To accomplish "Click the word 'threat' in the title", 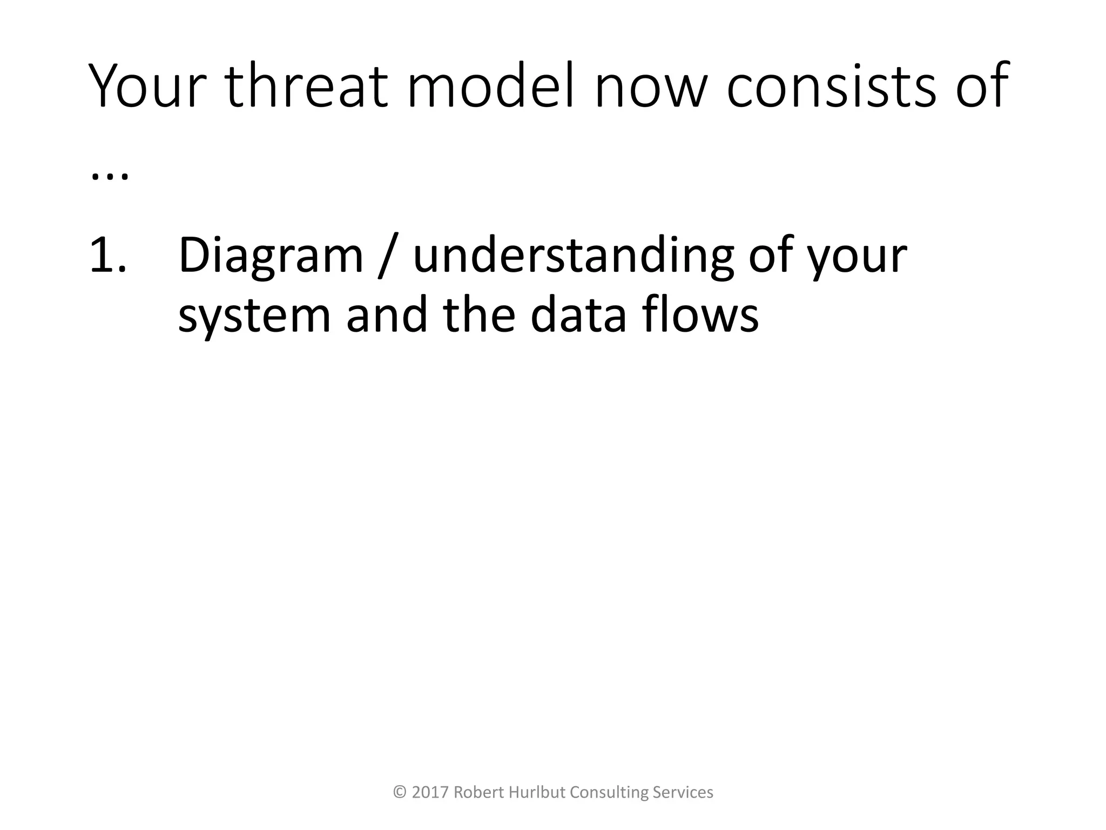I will pos(306,86).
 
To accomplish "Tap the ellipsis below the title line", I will pos(110,176).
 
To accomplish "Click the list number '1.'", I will pos(108,255).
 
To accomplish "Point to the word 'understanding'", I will pos(573,255).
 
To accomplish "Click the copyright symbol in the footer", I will pos(400,793).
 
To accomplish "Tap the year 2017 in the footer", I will pos(430,793).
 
